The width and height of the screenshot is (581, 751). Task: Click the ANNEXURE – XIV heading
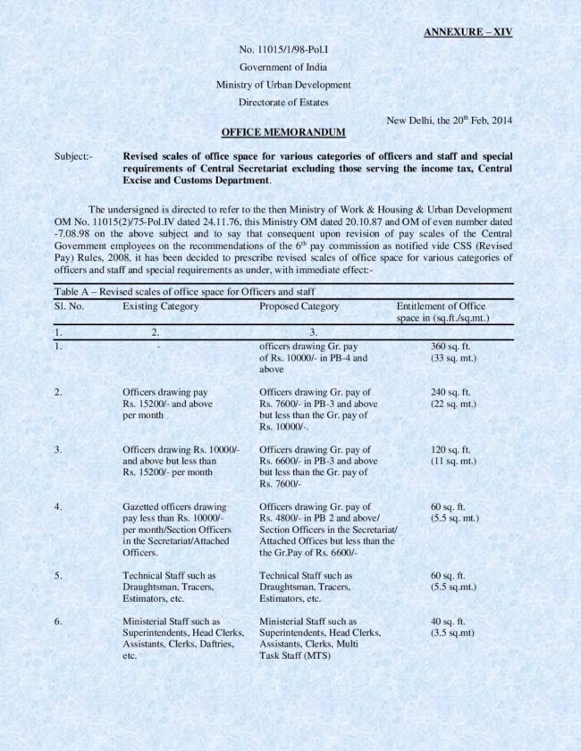pos(467,32)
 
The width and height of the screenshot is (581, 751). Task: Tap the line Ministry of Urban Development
pos(282,85)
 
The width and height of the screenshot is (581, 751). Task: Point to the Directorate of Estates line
pos(282,103)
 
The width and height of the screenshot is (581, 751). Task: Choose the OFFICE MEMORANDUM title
pos(282,132)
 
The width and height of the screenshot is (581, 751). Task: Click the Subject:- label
pos(73,156)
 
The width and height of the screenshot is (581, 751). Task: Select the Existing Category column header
pos(161,306)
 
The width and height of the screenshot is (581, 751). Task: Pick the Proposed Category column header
pos(299,306)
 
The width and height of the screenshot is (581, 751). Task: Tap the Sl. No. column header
pos(69,306)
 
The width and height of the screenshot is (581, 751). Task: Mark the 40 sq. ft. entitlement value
pos(449,622)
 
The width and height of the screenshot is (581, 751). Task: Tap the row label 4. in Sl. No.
pos(58,507)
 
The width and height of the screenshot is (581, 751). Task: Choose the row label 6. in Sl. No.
pos(58,622)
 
